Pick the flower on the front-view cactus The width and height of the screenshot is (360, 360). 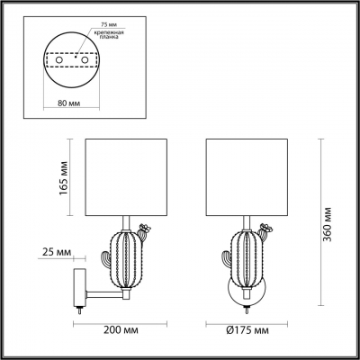(x=265, y=228)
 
